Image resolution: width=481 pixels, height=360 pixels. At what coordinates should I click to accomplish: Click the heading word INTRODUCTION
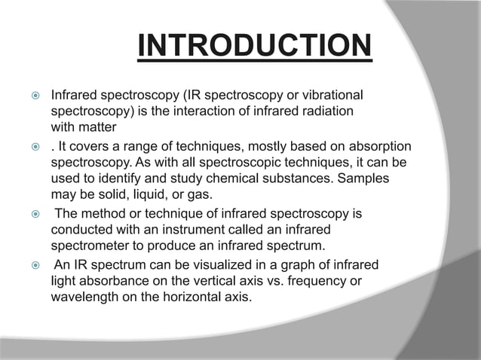point(254,47)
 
